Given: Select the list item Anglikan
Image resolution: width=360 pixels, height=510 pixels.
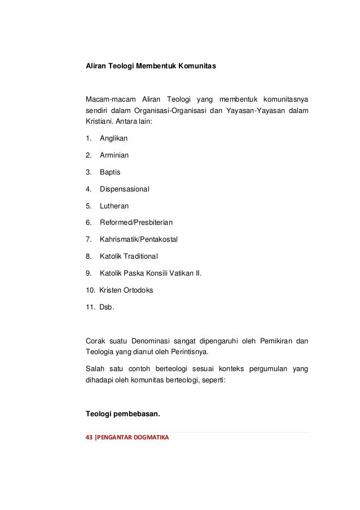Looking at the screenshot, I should pos(113,137).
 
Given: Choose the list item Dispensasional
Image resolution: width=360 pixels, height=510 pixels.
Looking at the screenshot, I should pos(125,189).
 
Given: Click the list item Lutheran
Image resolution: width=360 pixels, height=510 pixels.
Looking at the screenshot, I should pos(114,206).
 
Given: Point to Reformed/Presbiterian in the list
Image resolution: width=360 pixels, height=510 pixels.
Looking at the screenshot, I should pos(132,223).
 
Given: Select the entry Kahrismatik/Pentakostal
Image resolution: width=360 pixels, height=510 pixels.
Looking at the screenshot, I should pos(138,239).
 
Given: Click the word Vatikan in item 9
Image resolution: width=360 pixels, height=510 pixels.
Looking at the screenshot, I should pos(185,274).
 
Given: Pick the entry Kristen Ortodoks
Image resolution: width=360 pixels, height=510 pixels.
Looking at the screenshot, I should pos(126,291).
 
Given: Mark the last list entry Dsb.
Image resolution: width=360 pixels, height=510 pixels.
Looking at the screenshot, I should pos(106,308).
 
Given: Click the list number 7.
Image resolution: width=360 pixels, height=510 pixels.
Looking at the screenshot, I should pos(89,239).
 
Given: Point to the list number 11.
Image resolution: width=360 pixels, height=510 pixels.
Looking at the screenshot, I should pos(90,308).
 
